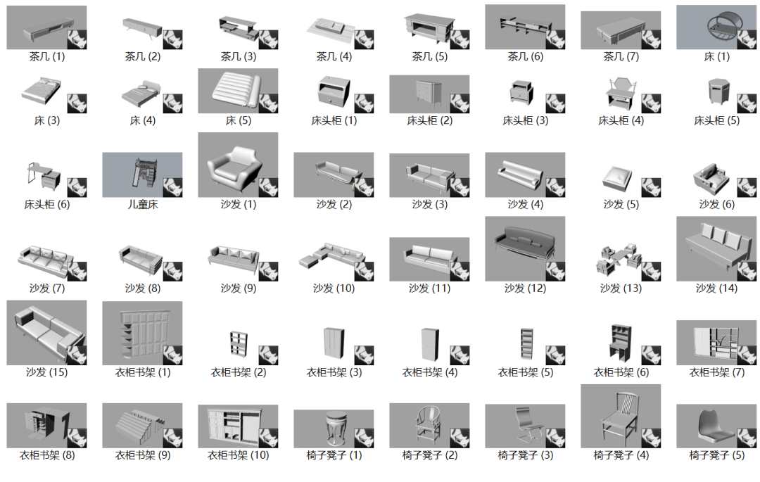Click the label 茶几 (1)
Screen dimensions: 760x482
(x=47, y=57)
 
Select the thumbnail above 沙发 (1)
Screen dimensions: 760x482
(x=238, y=165)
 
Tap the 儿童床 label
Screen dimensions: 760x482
(x=142, y=205)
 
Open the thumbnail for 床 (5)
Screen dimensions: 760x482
(x=238, y=91)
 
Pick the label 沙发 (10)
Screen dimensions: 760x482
(x=334, y=288)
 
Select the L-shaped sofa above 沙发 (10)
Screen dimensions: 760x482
(x=331, y=255)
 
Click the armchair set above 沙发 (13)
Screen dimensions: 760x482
(x=619, y=259)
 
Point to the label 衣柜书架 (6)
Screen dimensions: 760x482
(x=621, y=372)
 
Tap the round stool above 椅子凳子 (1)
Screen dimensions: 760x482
(x=334, y=429)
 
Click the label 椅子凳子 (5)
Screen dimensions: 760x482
(x=717, y=455)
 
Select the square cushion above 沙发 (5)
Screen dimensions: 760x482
(x=617, y=178)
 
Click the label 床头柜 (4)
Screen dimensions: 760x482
(x=621, y=120)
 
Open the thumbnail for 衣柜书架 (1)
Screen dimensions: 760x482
(x=142, y=333)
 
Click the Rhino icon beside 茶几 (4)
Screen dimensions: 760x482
(x=364, y=39)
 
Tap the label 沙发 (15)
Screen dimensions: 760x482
(x=47, y=372)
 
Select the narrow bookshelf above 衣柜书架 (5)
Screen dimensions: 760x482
(x=526, y=344)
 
